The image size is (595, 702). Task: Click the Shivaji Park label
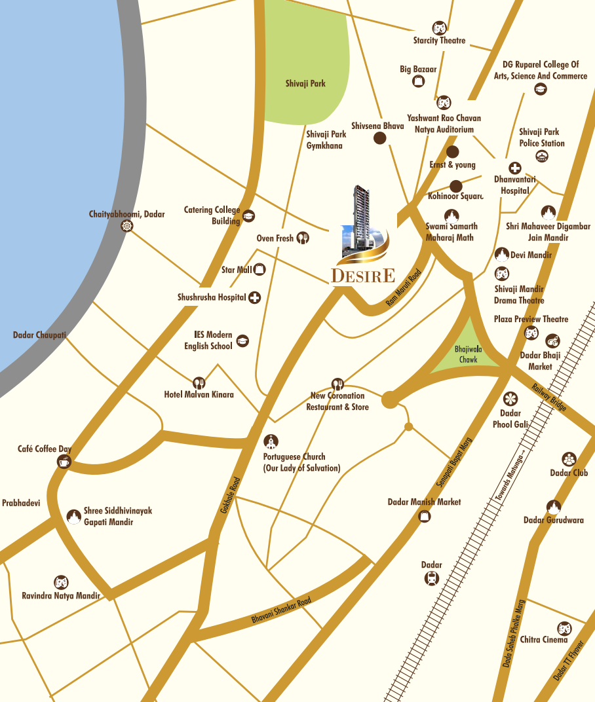pyautogui.click(x=305, y=84)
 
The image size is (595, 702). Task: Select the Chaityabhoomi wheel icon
pyautogui.click(x=127, y=226)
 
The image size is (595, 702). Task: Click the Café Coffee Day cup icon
pyautogui.click(x=64, y=462)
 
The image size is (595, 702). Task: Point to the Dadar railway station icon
pyautogui.click(x=431, y=578)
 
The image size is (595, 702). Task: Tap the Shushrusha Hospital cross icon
pyautogui.click(x=254, y=298)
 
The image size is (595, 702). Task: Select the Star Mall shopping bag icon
pyautogui.click(x=260, y=269)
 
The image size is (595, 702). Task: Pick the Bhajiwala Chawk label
pyautogui.click(x=468, y=355)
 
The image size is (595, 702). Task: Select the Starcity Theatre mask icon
pyautogui.click(x=439, y=28)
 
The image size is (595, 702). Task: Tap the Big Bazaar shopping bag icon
pyautogui.click(x=418, y=82)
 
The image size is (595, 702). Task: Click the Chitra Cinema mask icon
pyautogui.click(x=564, y=628)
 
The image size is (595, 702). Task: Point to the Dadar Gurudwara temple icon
pyautogui.click(x=554, y=507)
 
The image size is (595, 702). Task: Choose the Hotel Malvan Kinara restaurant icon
pyautogui.click(x=199, y=383)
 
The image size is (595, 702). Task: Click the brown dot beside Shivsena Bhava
pyautogui.click(x=379, y=138)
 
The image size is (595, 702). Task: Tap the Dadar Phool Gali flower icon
pyautogui.click(x=510, y=398)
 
